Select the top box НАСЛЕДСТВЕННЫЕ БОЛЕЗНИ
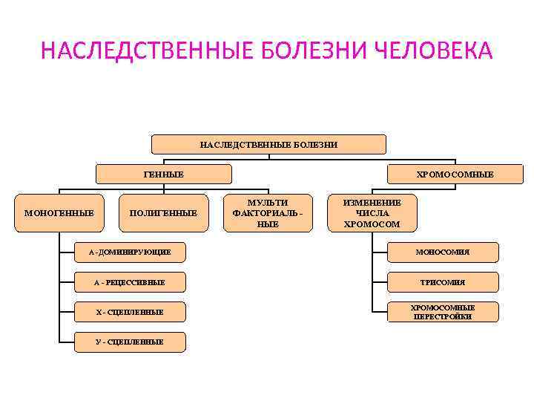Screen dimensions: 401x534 268,144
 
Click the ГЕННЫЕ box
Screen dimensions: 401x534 164,174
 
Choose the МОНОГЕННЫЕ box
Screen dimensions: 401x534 59,213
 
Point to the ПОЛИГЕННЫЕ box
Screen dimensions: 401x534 163,213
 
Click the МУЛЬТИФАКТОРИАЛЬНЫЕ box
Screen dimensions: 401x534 268,213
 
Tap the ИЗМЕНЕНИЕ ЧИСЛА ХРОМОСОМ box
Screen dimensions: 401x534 372,213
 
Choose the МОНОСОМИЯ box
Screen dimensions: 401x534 443,252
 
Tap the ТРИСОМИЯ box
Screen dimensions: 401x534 443,282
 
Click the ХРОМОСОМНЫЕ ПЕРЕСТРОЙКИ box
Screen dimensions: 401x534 443,312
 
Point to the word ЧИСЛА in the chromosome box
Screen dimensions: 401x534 372,213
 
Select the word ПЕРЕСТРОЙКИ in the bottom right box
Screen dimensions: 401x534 443,317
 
